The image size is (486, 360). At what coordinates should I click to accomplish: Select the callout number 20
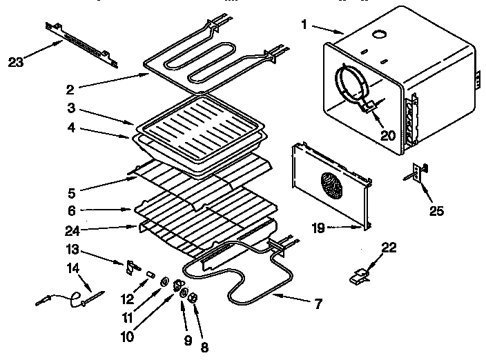pos(389,135)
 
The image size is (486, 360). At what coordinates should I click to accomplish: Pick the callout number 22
pos(389,248)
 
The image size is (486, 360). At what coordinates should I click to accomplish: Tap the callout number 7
pos(318,302)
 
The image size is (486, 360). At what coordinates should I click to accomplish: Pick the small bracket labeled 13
pos(130,266)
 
